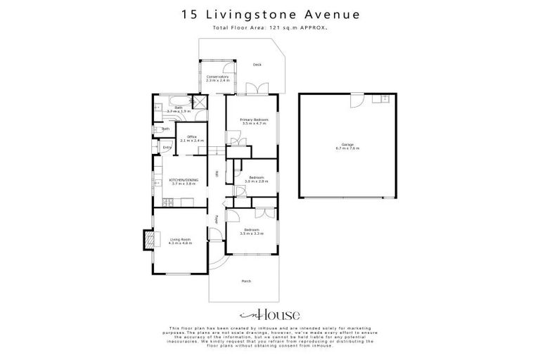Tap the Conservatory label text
(x=218, y=78)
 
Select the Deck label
(x=257, y=65)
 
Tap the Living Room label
(x=181, y=240)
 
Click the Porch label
(x=246, y=281)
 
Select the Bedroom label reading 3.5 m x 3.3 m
(x=252, y=231)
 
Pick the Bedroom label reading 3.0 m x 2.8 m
(x=255, y=179)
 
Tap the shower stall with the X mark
(x=200, y=100)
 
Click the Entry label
(x=167, y=148)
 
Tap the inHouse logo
(x=270, y=314)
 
